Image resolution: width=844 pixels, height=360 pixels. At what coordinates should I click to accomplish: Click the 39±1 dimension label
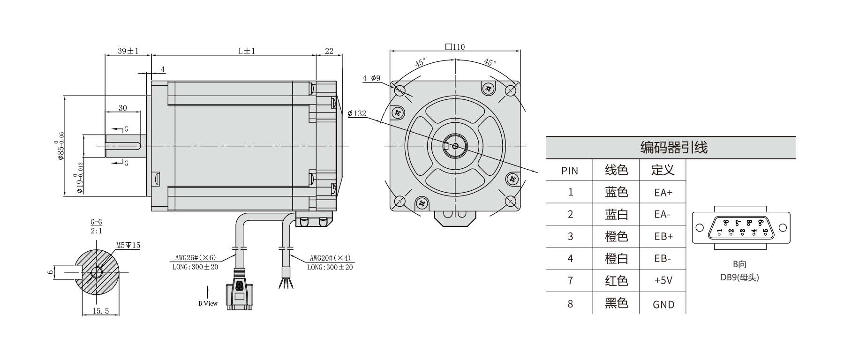(x=128, y=51)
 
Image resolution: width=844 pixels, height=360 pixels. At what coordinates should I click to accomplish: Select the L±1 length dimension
(x=247, y=51)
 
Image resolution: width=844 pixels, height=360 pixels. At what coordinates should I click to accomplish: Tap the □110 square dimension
(x=455, y=47)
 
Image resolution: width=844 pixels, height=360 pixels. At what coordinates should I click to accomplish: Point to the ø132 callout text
(x=357, y=113)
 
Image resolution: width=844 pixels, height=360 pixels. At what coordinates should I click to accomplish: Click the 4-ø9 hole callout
(x=371, y=78)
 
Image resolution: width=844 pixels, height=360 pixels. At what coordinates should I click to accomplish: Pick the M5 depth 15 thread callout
(x=128, y=245)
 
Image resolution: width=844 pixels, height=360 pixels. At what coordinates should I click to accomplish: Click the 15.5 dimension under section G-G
(x=100, y=311)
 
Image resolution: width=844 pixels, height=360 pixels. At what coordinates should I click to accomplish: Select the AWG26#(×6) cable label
(x=196, y=257)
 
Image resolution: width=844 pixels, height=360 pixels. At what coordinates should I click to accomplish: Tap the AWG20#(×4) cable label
(x=330, y=258)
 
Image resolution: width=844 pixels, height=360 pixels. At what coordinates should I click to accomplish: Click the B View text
(x=208, y=303)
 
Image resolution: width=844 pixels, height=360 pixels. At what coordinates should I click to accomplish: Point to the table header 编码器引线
(x=674, y=148)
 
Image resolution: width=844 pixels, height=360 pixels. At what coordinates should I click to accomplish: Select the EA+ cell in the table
(x=663, y=192)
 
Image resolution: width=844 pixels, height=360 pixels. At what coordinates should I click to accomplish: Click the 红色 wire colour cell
(x=616, y=281)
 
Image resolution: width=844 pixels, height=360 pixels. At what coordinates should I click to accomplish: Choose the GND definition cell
(x=663, y=305)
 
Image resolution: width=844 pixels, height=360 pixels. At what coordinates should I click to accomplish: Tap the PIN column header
(x=570, y=171)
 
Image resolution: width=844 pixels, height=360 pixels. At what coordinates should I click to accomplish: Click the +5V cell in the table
(x=663, y=281)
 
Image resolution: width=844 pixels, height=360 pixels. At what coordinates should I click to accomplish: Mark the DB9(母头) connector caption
(x=739, y=277)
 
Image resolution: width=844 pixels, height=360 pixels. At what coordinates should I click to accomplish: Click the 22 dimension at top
(x=329, y=51)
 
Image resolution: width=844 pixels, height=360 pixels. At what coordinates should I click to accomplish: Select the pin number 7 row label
(x=570, y=281)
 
